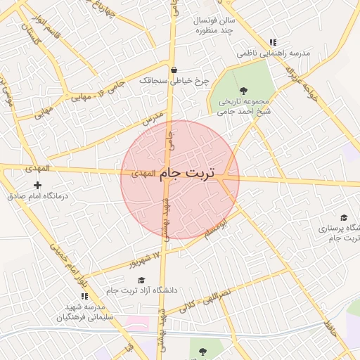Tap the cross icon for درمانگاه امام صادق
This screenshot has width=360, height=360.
click(x=37, y=185)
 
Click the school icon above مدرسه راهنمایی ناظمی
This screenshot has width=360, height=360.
click(x=273, y=42)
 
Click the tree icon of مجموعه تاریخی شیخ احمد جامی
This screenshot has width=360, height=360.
click(x=243, y=90)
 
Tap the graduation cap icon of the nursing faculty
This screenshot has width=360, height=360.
click(x=343, y=217)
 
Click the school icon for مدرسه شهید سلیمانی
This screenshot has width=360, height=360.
click(x=85, y=296)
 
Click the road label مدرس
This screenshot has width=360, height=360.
click(x=153, y=117)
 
